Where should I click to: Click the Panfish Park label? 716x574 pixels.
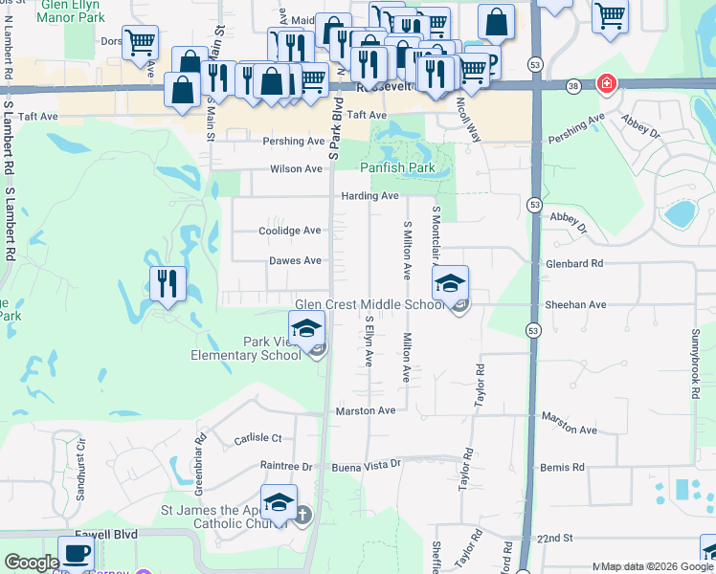[x=397, y=168]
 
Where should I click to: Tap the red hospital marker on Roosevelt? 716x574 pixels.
[x=605, y=84]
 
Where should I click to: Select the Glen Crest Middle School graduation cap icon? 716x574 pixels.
[x=450, y=283]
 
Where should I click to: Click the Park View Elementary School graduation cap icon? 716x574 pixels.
[x=306, y=328]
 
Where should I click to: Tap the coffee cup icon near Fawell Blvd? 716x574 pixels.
[x=76, y=553]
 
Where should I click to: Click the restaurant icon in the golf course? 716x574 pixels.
[x=166, y=283]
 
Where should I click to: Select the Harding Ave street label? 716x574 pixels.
[x=369, y=196]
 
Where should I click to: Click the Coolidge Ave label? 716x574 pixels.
[x=290, y=231]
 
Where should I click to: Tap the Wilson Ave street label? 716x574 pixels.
[x=296, y=168]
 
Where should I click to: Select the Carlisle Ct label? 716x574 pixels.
[x=257, y=439]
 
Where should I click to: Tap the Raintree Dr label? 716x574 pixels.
[x=286, y=466]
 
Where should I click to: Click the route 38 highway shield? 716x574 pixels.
[x=573, y=85]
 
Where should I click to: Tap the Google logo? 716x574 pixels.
[x=32, y=563]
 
